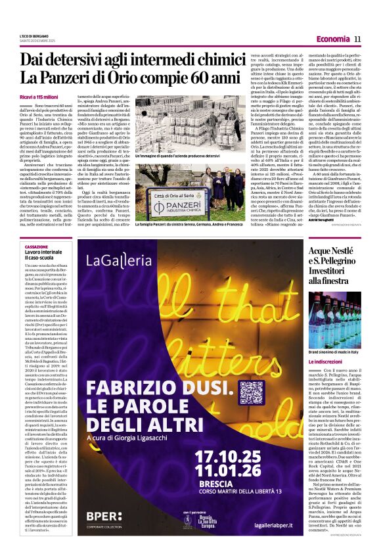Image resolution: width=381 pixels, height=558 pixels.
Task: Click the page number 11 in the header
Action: pyautogui.click(x=357, y=39)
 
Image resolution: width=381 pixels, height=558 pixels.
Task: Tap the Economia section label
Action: pyautogui.click(x=332, y=39)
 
